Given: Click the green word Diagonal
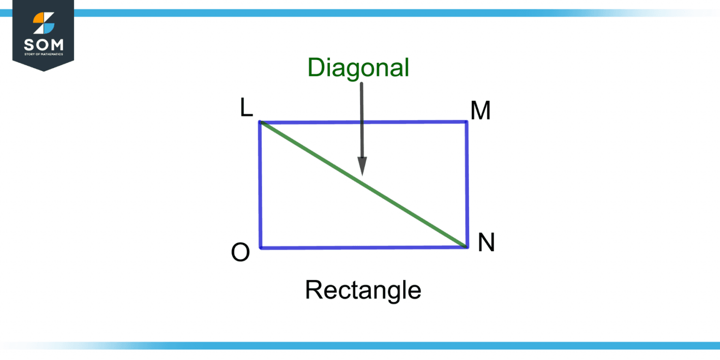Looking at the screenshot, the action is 359,68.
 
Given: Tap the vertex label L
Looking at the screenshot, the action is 247,108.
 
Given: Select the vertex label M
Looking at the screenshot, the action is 480,112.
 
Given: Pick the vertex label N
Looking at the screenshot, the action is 486,243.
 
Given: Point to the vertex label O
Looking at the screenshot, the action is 240,253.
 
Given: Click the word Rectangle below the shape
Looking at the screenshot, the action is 363,290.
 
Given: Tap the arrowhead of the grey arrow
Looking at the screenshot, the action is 362,166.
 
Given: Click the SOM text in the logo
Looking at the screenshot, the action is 44,45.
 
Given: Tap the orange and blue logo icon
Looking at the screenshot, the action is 44,23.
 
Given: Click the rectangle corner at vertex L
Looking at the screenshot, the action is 260,122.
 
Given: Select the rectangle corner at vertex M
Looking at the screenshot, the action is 466,122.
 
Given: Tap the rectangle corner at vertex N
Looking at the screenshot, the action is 467,247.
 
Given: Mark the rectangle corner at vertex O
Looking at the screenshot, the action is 261,247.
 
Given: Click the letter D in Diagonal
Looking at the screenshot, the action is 315,68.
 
